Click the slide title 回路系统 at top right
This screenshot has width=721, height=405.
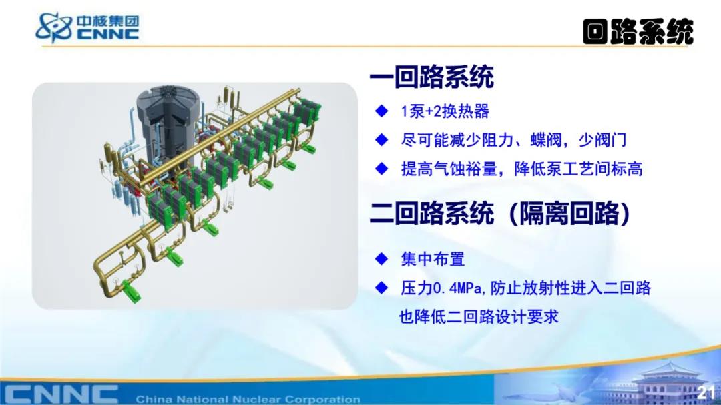(x=638, y=32)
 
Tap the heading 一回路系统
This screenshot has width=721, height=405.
(x=432, y=77)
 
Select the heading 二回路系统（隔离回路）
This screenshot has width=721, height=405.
(x=500, y=213)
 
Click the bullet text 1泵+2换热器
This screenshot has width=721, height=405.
(x=445, y=111)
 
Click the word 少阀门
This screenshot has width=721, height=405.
(x=602, y=139)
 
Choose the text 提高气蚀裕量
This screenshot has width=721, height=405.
(x=449, y=169)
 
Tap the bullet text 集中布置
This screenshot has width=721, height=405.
(x=433, y=259)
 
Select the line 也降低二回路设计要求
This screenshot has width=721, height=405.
(x=478, y=316)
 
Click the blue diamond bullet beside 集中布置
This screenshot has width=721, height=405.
(x=382, y=259)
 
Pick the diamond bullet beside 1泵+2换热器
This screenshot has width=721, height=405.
(x=382, y=111)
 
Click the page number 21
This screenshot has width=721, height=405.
(x=706, y=392)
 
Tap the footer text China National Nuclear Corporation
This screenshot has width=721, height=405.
(x=248, y=399)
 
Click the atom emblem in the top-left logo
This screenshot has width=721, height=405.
(x=54, y=27)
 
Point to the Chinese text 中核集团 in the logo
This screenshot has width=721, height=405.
(x=107, y=21)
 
